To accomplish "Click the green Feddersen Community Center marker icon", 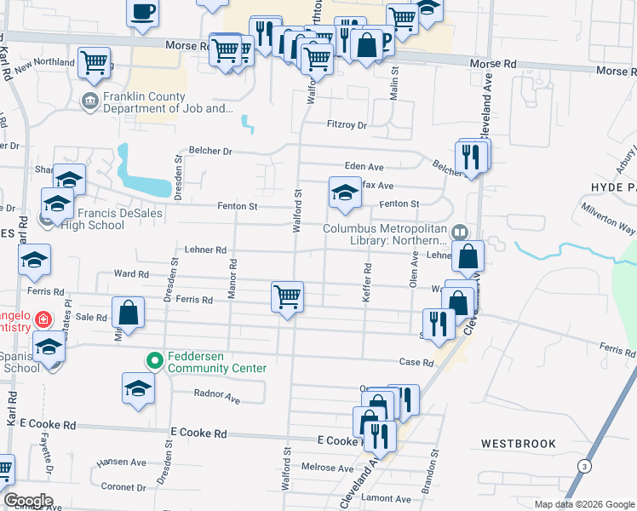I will (155, 361).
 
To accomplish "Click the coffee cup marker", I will (143, 12).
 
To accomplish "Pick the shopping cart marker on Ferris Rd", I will (287, 296).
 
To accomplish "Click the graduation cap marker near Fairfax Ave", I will (344, 192).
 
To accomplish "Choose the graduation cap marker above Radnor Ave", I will (138, 388).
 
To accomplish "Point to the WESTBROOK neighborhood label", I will (518, 444).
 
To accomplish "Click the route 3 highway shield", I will (584, 466).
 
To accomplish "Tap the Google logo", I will (27, 501).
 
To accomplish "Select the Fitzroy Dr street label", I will (347, 125).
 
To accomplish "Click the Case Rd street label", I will (416, 363).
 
